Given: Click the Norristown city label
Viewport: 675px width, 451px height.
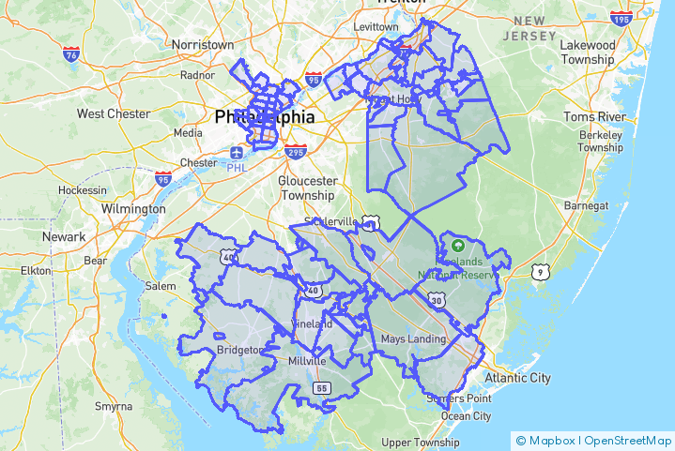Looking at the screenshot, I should click(x=203, y=44).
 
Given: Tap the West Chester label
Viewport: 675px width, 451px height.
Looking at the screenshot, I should click(x=114, y=113).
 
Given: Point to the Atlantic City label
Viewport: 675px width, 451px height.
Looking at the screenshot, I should click(x=516, y=378).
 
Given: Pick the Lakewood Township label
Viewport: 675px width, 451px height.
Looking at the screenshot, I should click(x=587, y=52).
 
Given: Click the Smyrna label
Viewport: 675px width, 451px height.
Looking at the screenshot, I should click(x=114, y=406).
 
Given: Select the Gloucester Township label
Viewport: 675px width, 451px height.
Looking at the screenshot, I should click(x=307, y=188).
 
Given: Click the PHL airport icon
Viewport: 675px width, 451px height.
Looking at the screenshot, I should click(x=236, y=152).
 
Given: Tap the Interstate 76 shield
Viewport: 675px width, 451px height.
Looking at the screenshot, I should click(x=70, y=55).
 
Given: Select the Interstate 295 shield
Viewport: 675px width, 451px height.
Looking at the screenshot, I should click(x=295, y=152).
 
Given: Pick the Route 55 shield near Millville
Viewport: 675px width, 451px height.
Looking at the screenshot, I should click(x=321, y=386).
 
